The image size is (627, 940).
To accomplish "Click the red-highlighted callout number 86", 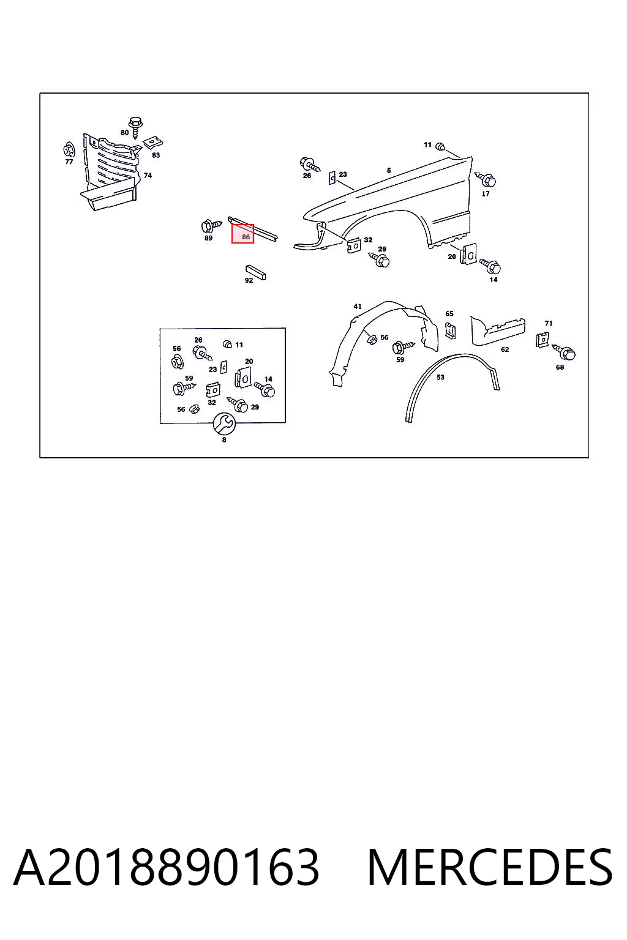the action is point(246,237).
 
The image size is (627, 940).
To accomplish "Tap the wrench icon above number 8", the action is point(224,423).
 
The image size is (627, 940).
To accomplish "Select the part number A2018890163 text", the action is point(167,868).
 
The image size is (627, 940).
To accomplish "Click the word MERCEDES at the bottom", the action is point(490,868).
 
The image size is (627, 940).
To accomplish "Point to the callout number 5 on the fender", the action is point(389,170).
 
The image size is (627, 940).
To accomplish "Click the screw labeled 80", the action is point(135,127).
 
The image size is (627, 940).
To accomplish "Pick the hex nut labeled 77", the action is point(69,149).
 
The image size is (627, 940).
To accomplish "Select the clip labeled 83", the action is point(153,143).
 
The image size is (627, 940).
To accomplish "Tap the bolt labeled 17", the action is point(486,179).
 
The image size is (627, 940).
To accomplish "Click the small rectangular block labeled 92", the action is point(256,272).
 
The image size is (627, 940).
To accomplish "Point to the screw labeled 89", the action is point(211,226).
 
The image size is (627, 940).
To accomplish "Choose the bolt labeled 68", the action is point(564,352).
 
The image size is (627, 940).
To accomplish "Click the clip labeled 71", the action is point(542,340).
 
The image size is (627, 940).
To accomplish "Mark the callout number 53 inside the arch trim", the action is point(440,377).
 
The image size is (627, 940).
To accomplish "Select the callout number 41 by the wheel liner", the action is point(358,307).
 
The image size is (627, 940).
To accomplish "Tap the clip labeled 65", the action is point(450,330).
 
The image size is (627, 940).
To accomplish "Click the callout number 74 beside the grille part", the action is point(148,176).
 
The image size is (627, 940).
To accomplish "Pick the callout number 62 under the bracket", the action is point(505,349).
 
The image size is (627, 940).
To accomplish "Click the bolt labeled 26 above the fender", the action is point(309,163).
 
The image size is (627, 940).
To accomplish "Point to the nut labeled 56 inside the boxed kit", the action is point(178,361).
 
